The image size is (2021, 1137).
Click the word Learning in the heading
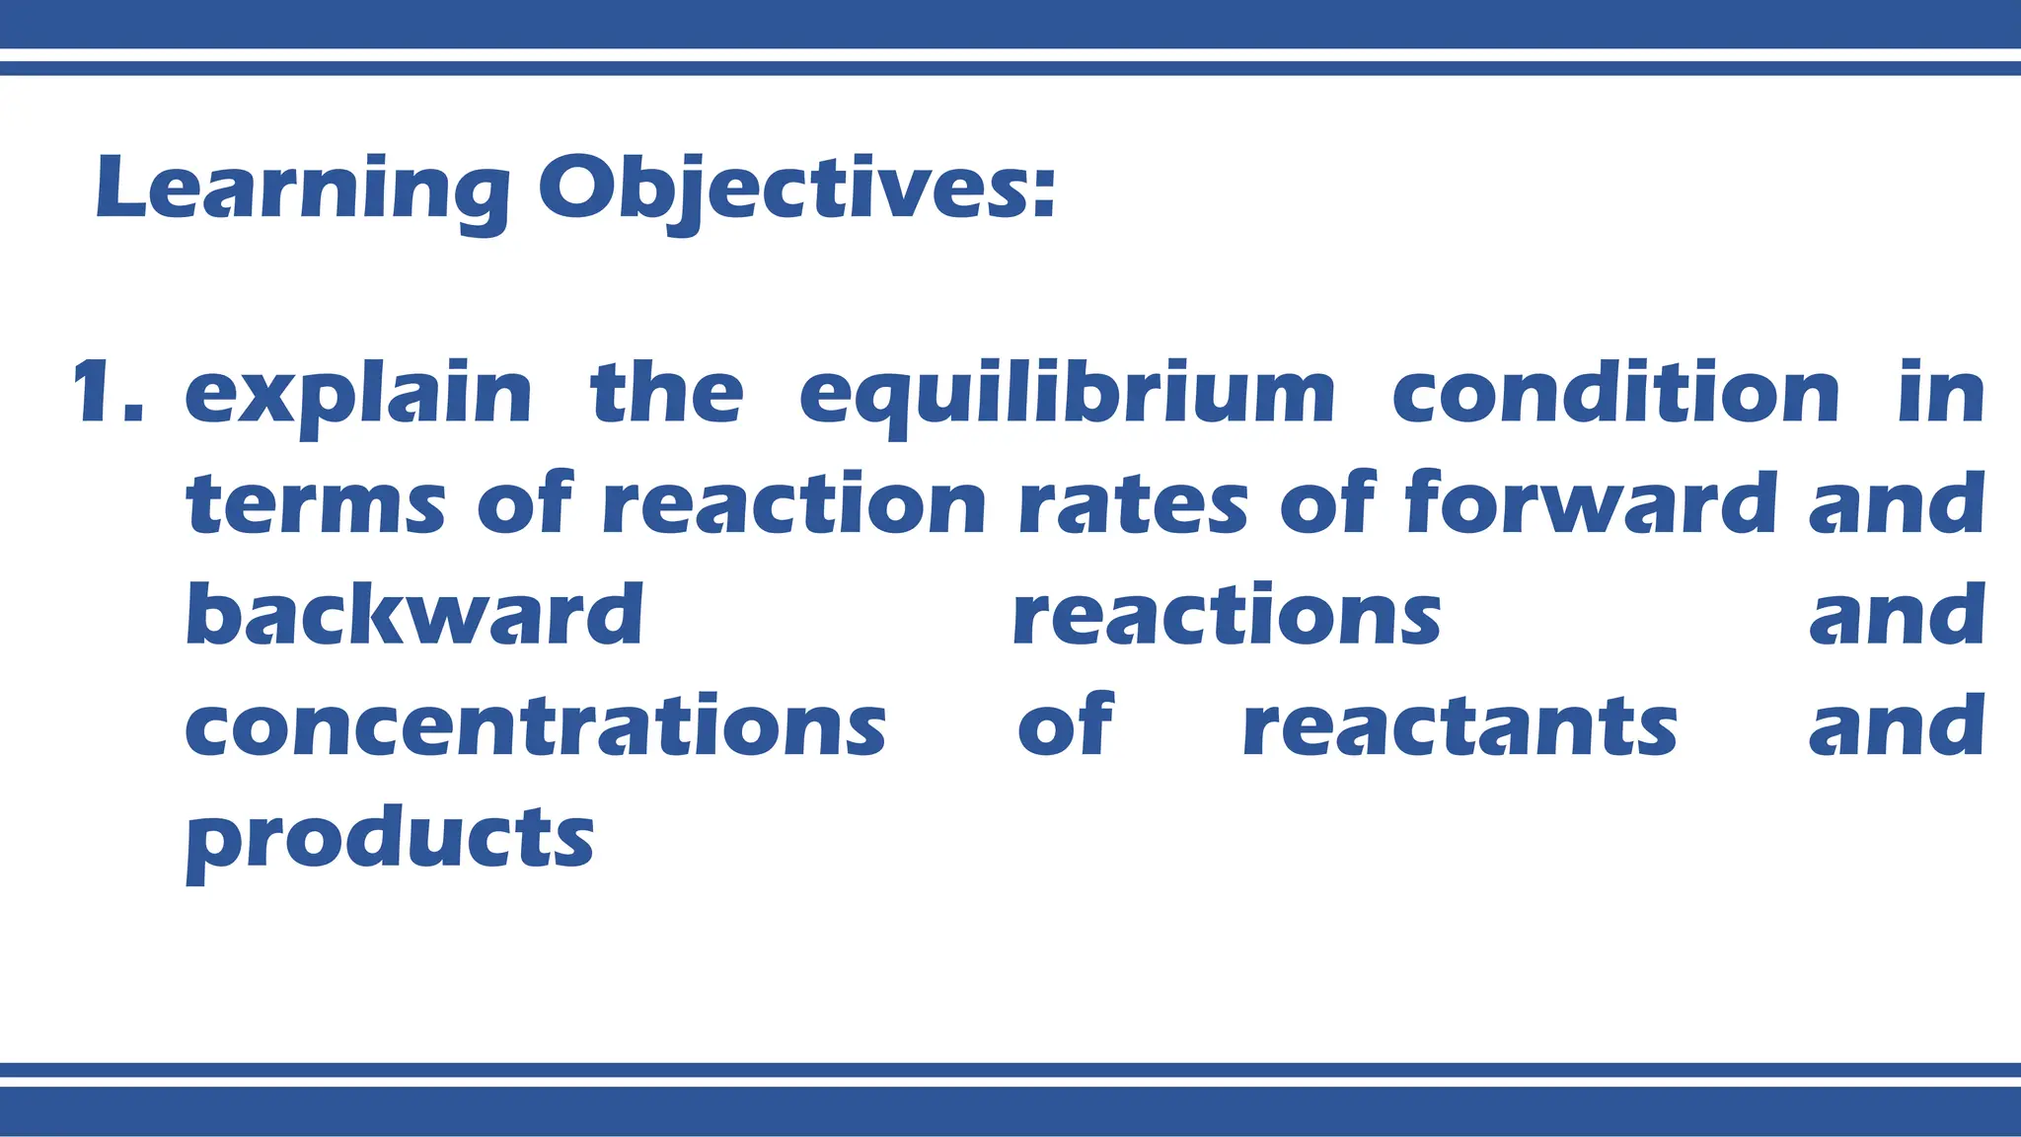tap(302, 189)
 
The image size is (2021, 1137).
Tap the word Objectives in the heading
tap(785, 189)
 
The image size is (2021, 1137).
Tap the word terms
tap(316, 505)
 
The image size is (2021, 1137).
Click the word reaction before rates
tap(793, 505)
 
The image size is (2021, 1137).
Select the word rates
tap(1133, 505)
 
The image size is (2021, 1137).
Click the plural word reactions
tap(1227, 616)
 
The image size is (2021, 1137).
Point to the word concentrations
tap(536, 726)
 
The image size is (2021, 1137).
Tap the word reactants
tap(1460, 727)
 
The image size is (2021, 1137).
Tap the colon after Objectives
tap(1044, 192)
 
